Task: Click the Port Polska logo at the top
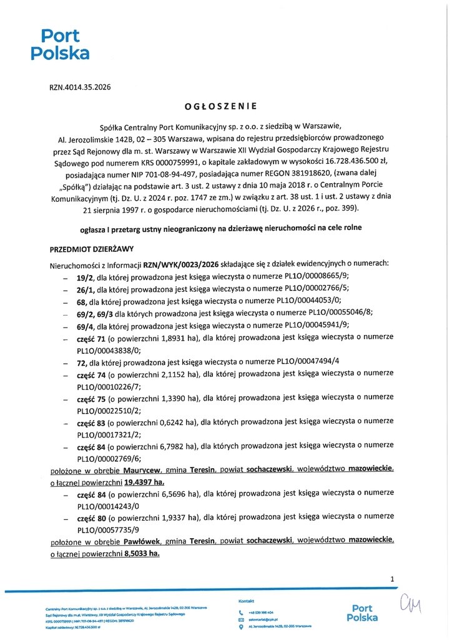[x=60, y=44]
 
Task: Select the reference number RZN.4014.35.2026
[x=80, y=87]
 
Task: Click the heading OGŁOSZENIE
[x=225, y=106]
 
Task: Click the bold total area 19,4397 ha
[x=144, y=483]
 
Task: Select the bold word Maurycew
[x=140, y=471]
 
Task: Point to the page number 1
[x=392, y=579]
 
